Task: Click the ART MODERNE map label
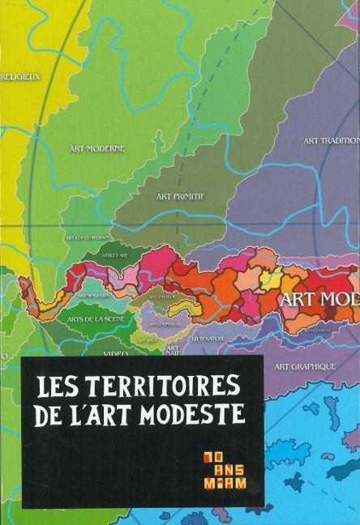tap(96, 148)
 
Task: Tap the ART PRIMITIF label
tap(180, 196)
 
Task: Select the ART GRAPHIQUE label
tap(305, 366)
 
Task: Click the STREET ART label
tap(114, 255)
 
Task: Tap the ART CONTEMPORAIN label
tap(88, 237)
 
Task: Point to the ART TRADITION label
tap(331, 140)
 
